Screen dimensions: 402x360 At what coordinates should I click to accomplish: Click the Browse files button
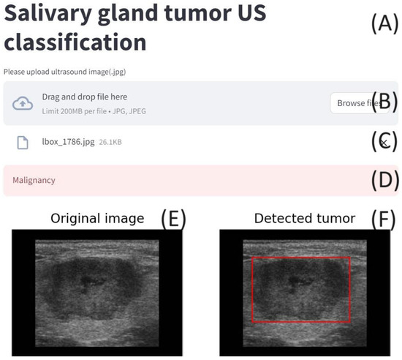click(x=359, y=103)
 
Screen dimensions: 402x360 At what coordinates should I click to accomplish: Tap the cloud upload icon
click(x=23, y=103)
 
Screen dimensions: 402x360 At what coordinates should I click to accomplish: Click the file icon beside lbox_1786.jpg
click(x=23, y=143)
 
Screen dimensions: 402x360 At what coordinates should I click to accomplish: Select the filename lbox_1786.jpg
click(x=68, y=142)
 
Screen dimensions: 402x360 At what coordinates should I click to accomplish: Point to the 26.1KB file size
click(x=110, y=142)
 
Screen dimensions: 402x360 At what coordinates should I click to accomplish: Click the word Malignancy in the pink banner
click(x=34, y=181)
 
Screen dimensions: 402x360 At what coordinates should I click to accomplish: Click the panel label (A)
click(x=384, y=23)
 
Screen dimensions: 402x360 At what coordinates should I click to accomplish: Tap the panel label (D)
click(x=385, y=180)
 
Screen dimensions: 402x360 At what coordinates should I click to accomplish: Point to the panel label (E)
click(x=173, y=218)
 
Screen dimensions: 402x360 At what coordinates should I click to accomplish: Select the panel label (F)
click(x=384, y=218)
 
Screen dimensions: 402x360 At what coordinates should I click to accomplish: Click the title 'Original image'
click(x=97, y=219)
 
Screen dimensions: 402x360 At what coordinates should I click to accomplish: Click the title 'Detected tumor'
click(x=305, y=219)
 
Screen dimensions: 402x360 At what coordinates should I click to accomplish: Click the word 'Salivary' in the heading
click(x=48, y=13)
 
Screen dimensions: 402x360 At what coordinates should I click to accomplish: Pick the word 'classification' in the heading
click(x=75, y=42)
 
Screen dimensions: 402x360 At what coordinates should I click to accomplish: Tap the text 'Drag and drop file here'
click(x=85, y=97)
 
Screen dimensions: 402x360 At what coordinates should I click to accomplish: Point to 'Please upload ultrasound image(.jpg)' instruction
click(x=64, y=72)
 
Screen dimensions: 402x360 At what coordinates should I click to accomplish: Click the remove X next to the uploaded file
click(x=384, y=143)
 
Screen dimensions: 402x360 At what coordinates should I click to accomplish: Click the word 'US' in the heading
click(x=251, y=13)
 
